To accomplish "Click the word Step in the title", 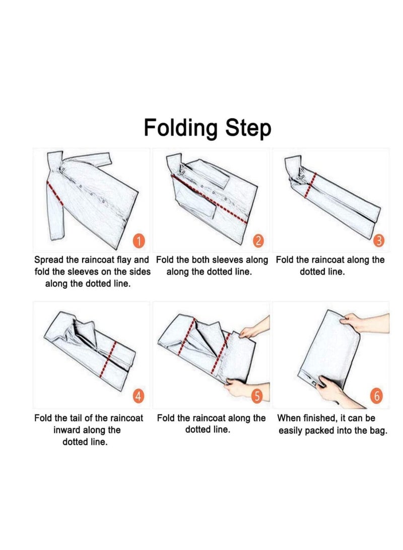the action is (248, 128).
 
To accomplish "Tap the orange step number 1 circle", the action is (140, 241).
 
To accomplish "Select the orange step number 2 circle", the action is (258, 241).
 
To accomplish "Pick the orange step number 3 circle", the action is (379, 241).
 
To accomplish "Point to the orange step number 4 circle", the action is (139, 396).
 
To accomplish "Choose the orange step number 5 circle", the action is (257, 396).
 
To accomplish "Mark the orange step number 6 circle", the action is (377, 396).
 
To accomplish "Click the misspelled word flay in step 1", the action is (126, 260).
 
